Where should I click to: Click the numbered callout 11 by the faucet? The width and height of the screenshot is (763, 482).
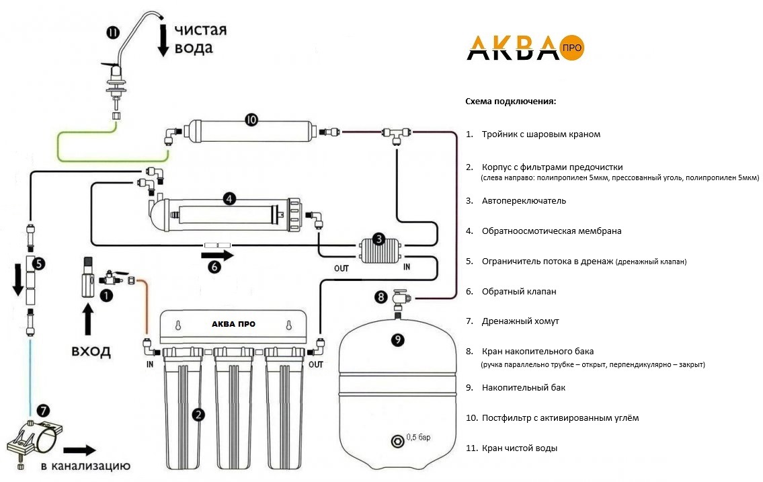click(113, 32)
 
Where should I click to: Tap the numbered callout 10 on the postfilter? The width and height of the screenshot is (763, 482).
click(251, 119)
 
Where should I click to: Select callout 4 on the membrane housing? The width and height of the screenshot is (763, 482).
click(229, 198)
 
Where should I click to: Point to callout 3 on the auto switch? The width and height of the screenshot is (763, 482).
click(378, 239)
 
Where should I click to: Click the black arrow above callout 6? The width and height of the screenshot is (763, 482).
click(218, 255)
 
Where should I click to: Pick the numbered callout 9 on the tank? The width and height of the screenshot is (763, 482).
click(397, 339)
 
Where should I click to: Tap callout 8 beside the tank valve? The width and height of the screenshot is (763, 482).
click(381, 296)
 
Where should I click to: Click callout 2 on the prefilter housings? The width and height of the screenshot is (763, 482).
click(198, 415)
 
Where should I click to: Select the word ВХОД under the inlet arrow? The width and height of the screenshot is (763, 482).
click(91, 351)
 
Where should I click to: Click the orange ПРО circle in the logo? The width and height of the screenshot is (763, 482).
click(572, 48)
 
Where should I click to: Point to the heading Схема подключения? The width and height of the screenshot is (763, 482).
click(510, 102)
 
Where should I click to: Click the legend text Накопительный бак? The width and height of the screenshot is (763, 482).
click(524, 388)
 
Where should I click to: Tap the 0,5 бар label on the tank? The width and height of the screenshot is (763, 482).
click(419, 437)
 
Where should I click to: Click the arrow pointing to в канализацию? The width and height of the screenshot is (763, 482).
click(79, 450)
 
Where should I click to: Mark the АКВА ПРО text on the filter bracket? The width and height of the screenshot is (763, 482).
click(233, 324)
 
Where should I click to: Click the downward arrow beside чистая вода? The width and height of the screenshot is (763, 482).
click(163, 41)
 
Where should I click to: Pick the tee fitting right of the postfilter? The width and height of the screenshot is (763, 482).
click(396, 134)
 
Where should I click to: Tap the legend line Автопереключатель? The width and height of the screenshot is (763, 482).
click(524, 201)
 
